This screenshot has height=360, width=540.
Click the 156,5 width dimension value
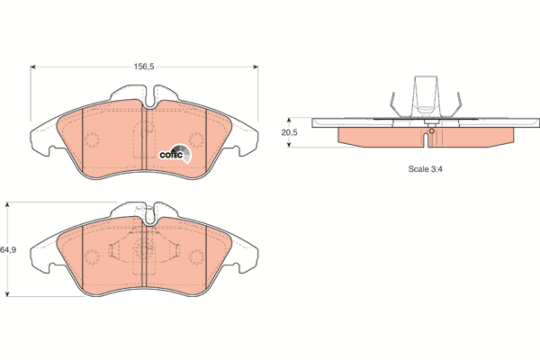[144, 67]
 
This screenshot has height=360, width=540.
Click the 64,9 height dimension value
[8, 250]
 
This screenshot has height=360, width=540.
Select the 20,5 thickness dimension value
[289, 132]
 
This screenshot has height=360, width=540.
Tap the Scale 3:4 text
[426, 169]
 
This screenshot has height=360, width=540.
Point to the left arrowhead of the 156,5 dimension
[33, 67]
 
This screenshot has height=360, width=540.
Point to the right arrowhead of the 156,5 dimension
[256, 67]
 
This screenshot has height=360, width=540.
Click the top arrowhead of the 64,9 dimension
[8, 204]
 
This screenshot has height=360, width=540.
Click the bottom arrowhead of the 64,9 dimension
[8, 294]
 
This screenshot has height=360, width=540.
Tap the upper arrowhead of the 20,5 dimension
[289, 121]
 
